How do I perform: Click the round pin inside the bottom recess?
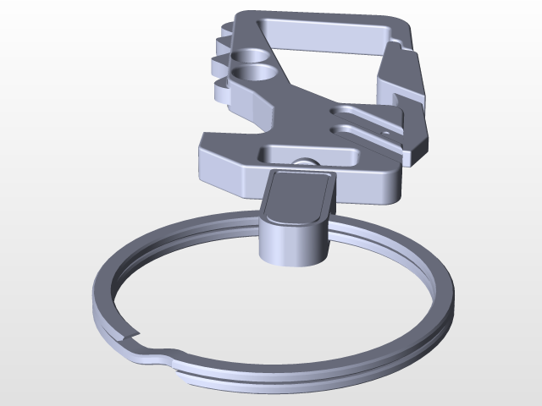pos(304,162)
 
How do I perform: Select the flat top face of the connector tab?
pos(299,195)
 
